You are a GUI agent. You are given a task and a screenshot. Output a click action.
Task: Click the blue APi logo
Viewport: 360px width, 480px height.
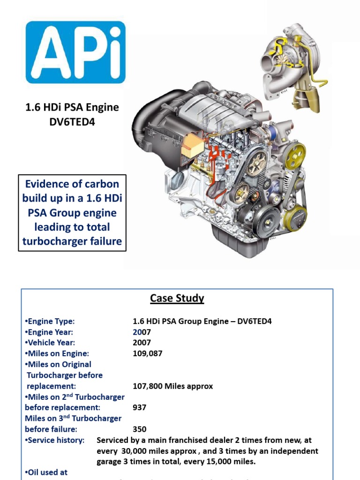[x=75, y=52]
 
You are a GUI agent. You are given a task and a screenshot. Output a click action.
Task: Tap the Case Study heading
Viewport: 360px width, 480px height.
[x=177, y=299]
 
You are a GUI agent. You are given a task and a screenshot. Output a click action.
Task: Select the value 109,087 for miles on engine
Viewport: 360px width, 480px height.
[x=148, y=353]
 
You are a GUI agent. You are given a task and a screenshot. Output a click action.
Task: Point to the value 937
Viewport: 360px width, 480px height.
[x=140, y=407]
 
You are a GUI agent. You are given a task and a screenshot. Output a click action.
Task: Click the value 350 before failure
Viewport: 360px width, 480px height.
[x=140, y=429]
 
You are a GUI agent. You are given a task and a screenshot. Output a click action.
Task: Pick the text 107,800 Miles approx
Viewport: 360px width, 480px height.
[x=173, y=386]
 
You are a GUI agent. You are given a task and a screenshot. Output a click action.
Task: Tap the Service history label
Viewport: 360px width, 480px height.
[x=55, y=440]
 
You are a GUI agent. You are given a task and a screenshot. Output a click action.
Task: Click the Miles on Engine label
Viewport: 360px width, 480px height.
[x=57, y=353]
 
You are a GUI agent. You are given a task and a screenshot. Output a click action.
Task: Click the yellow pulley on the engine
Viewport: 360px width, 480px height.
[x=296, y=156]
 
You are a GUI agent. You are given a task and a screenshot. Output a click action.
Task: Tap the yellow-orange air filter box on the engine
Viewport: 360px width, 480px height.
[x=192, y=144]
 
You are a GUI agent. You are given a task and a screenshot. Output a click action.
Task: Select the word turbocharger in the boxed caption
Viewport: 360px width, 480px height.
[x=52, y=241]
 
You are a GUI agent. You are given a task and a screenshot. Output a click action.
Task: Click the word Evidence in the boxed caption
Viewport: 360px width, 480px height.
[x=46, y=184]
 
